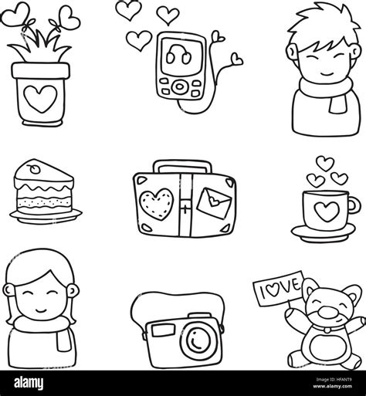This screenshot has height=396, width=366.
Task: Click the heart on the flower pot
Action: pyautogui.click(x=40, y=99)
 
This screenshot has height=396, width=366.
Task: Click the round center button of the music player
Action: pyautogui.click(x=179, y=86)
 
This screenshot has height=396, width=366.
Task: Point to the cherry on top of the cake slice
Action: pyautogui.click(x=34, y=168)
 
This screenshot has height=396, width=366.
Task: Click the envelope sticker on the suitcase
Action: pyautogui.click(x=214, y=203)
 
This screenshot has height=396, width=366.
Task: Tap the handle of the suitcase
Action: pyautogui.click(x=183, y=166)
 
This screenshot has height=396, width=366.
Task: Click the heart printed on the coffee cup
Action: pyautogui.click(x=327, y=211)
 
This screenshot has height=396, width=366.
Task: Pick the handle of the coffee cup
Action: pyautogui.click(x=354, y=205)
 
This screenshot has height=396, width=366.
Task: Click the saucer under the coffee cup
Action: pyautogui.click(x=324, y=233)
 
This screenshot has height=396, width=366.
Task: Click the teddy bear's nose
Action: pyautogui.click(x=327, y=312)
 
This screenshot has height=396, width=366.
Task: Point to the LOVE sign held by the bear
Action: pyautogui.click(x=279, y=288)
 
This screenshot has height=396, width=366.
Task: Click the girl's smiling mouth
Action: pyautogui.click(x=41, y=310)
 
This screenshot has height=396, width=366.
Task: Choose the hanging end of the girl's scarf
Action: pyautogui.click(x=64, y=340)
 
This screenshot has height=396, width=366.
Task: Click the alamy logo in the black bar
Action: pyautogui.click(x=29, y=383)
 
